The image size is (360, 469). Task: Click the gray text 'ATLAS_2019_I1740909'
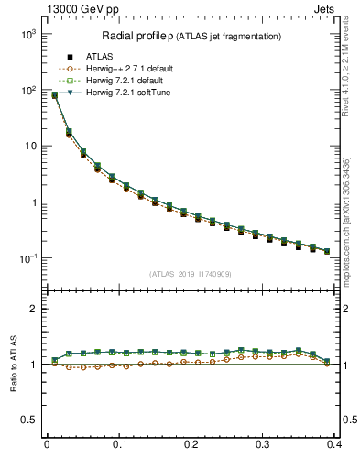[x=191, y=274]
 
